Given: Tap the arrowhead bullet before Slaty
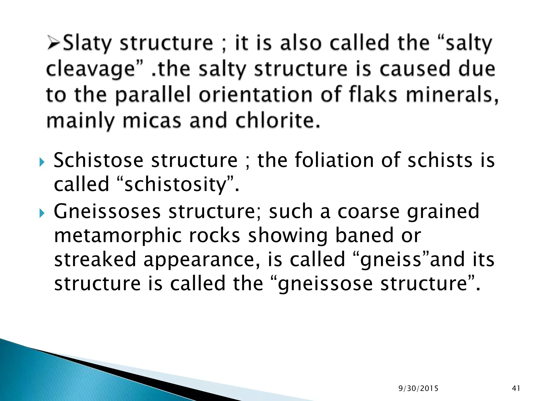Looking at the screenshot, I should (54, 43).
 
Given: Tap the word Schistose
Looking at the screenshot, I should (99, 160).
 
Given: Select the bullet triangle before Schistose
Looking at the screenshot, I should (42, 162).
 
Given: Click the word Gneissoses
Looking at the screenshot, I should (107, 211).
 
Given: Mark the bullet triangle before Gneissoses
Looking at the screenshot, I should (42, 213).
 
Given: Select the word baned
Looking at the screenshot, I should (364, 235).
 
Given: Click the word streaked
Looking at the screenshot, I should (95, 259).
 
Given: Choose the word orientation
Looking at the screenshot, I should (256, 95).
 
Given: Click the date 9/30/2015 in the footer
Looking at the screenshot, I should (418, 388).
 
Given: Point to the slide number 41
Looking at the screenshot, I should (516, 388).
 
